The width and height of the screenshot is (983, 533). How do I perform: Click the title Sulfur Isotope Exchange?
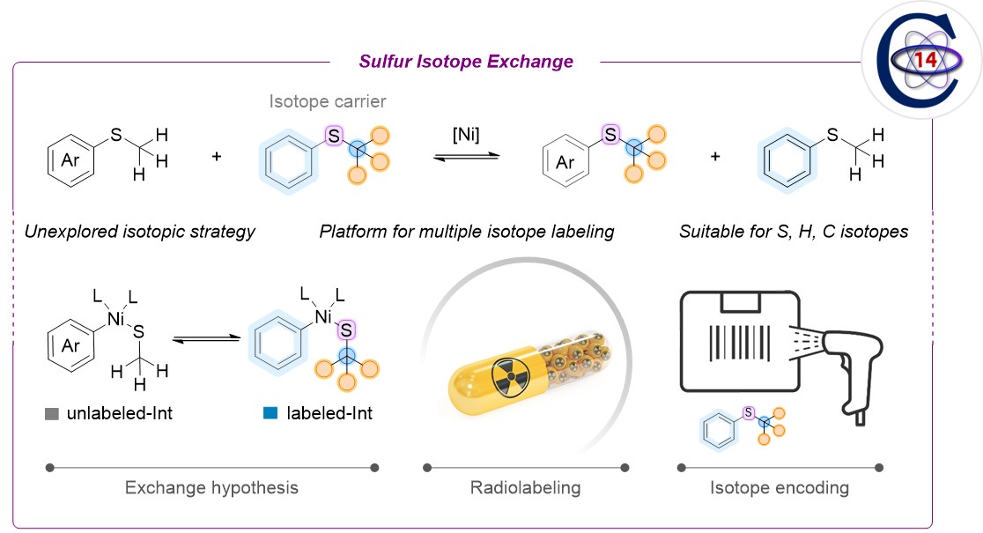tap(466, 62)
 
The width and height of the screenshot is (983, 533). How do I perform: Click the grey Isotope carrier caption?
tap(328, 102)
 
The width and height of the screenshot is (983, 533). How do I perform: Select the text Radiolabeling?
tap(526, 487)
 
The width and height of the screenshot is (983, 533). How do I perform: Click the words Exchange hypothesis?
tap(211, 487)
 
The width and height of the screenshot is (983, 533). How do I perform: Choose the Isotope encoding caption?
tap(780, 487)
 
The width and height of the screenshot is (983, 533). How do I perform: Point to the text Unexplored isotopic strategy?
tap(140, 233)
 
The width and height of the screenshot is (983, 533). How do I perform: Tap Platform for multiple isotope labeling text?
tap(467, 233)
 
